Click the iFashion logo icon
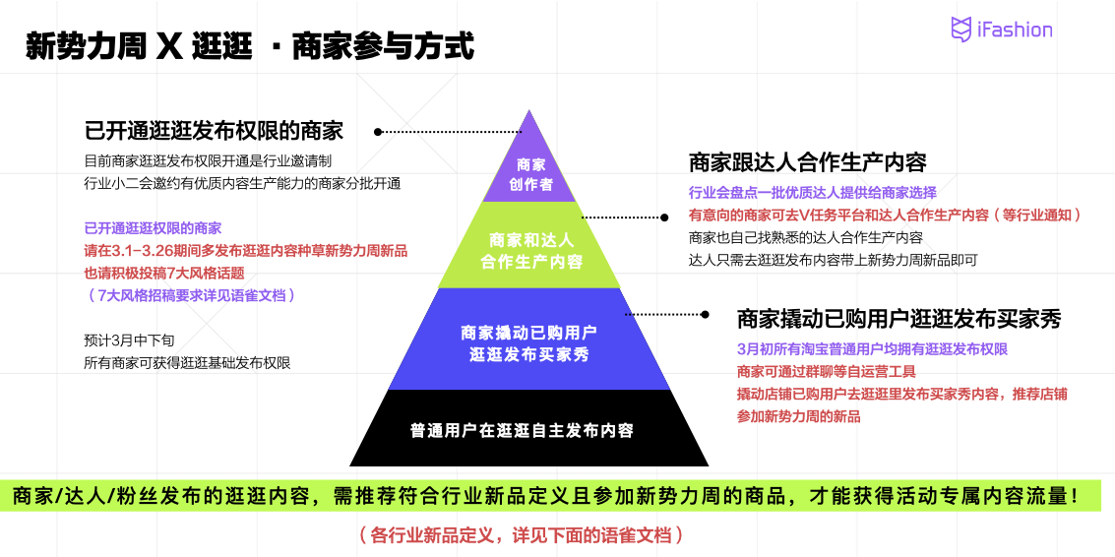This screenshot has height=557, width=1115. [961, 30]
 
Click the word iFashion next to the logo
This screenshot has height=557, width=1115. [1014, 30]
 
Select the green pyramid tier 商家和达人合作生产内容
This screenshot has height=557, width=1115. [530, 250]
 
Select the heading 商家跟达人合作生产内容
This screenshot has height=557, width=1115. [807, 162]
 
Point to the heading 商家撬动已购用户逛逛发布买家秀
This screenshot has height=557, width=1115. [898, 319]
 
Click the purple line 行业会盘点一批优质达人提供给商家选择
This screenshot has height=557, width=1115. [812, 192]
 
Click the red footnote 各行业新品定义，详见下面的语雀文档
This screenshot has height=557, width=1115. [521, 536]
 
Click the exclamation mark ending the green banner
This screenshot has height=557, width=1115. [1075, 496]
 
